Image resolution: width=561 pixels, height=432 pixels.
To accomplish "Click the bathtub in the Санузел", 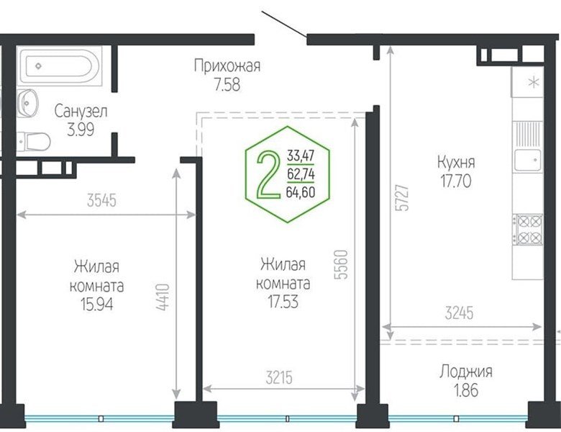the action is [x=60, y=66].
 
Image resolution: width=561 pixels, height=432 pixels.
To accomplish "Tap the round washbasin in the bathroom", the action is [x=28, y=103].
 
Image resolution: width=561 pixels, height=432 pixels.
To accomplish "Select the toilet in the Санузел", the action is [x=34, y=142].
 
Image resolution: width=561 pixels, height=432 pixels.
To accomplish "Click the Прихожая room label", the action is [x=227, y=66].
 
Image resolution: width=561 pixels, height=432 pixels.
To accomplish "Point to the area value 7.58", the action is [x=227, y=85].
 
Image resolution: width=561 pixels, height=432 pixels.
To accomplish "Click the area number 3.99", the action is [x=81, y=130].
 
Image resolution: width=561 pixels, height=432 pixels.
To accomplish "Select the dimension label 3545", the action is [x=102, y=201].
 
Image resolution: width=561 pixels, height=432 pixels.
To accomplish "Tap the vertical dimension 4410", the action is [x=163, y=297].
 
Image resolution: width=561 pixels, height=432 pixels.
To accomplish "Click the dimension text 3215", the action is [x=279, y=377].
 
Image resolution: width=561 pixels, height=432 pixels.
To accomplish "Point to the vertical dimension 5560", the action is [x=341, y=265].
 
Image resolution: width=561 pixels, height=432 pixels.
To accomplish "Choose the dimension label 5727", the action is [x=403, y=198].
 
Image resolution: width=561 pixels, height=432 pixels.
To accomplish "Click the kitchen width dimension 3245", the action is [x=459, y=313].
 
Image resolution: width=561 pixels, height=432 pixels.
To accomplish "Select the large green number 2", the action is [x=268, y=174].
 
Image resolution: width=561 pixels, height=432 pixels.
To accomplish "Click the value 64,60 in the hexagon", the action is [x=301, y=193].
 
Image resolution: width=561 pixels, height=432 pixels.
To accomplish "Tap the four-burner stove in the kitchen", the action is [x=528, y=230].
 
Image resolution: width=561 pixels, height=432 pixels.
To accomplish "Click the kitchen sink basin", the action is [x=528, y=161].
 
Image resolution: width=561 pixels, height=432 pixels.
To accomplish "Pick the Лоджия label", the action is [x=466, y=372].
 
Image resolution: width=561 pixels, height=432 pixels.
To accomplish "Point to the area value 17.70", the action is [x=456, y=181].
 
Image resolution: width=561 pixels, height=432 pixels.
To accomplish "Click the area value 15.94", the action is [x=96, y=305].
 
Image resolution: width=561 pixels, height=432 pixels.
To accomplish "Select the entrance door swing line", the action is [x=284, y=24].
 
